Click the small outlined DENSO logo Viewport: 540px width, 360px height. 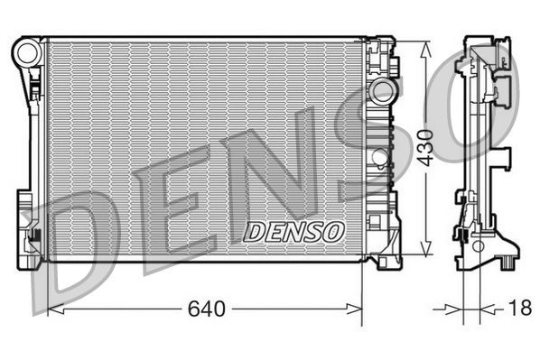pos(295,231)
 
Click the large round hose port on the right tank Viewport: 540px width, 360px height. pos(384,91)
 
